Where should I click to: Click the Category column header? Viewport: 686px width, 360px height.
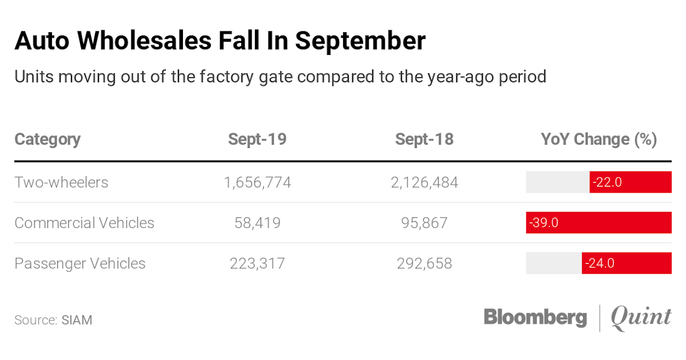pos(47,139)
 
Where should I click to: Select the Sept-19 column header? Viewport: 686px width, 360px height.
pos(257,139)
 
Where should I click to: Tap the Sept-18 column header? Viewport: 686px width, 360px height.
pos(424,139)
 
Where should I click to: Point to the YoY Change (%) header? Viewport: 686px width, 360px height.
pos(599,139)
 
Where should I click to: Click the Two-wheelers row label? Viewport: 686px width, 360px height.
pos(61,182)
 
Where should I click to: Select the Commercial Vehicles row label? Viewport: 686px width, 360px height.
pos(84,222)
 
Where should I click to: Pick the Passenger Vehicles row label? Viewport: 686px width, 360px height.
pos(80,263)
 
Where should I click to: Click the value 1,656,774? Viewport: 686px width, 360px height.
pos(257,182)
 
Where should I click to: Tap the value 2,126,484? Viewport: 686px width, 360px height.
pos(424,182)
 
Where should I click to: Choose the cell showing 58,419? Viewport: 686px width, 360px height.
pos(257,222)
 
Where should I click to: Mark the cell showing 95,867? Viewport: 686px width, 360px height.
pos(424,222)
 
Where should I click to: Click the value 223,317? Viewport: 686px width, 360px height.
pos(257,263)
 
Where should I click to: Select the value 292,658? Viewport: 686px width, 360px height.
pos(424,263)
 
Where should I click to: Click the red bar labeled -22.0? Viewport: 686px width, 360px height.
pos(631,182)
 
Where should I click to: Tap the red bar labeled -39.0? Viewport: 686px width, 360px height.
pos(599,222)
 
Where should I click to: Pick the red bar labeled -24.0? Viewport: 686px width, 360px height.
pos(627,263)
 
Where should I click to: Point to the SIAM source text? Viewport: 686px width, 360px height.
pos(77,319)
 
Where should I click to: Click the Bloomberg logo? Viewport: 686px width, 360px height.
pos(535,317)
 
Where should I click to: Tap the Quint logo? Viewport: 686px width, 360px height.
pos(641,318)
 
